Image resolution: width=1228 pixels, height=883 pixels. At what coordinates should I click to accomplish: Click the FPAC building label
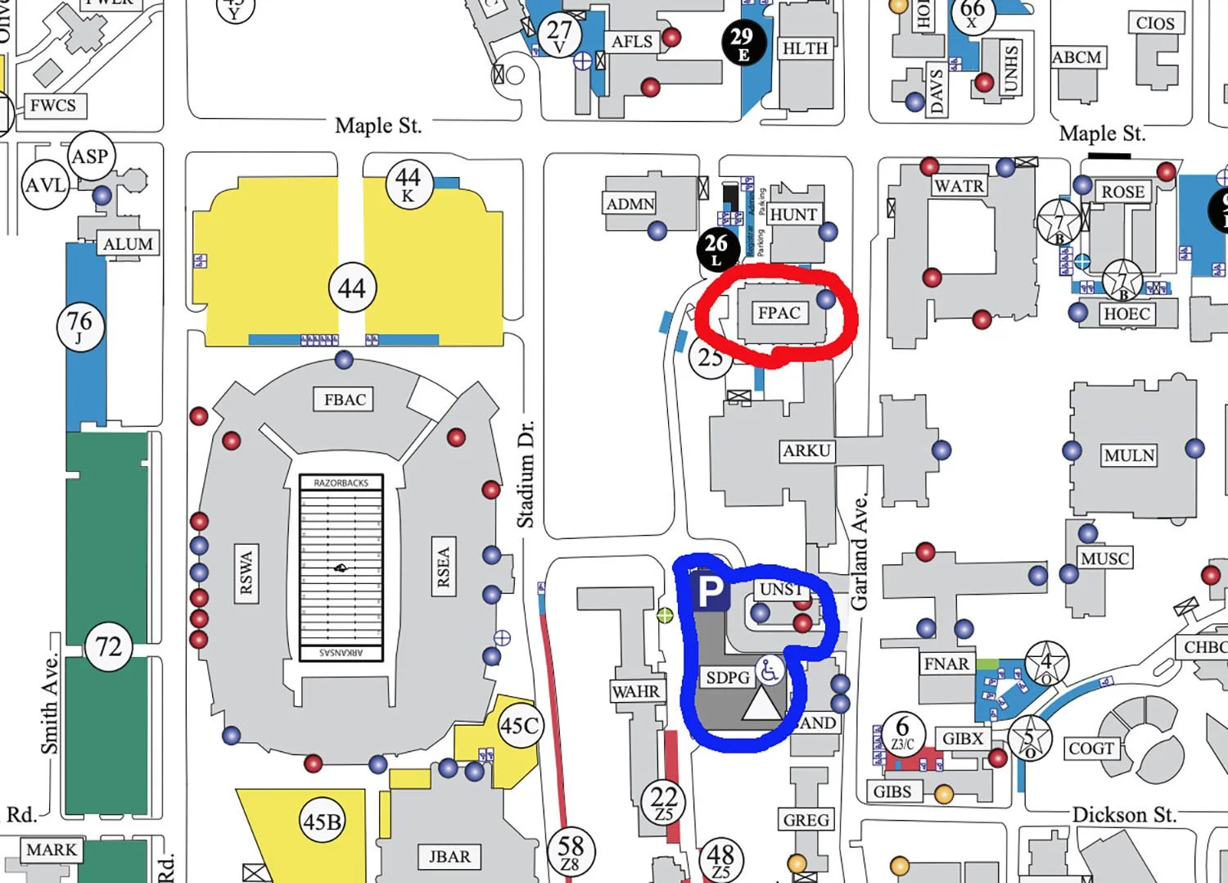(x=779, y=313)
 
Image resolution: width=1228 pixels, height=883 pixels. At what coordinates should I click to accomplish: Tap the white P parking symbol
(x=710, y=591)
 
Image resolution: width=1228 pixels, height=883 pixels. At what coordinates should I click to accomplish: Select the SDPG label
(x=728, y=677)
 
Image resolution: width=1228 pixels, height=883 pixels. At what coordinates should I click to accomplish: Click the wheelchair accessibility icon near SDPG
(x=769, y=671)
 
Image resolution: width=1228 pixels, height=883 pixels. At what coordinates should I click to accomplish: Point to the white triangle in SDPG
(x=762, y=704)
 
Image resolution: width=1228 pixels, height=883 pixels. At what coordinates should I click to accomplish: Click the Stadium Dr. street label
(x=526, y=474)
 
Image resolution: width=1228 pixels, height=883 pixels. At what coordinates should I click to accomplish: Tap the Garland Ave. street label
(x=859, y=552)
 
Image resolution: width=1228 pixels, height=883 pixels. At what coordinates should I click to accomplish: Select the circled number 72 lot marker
(x=109, y=647)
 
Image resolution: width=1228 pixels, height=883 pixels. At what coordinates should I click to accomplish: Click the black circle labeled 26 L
(x=716, y=247)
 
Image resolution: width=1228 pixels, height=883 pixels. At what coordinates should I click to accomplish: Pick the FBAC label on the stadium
(x=345, y=400)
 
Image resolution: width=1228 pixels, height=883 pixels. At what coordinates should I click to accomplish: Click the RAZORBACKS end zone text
(x=341, y=482)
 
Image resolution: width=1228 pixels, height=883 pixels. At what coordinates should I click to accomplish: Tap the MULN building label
(x=1129, y=455)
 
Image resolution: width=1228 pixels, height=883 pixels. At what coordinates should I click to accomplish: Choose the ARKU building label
(x=806, y=451)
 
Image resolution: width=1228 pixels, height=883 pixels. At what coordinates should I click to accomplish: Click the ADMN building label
(x=630, y=204)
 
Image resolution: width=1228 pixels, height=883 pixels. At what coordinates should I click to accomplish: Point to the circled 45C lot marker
(x=520, y=726)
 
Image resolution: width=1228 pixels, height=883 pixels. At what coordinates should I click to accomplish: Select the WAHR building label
(x=635, y=691)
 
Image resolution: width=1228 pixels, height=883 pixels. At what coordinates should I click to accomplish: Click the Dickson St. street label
(x=1124, y=814)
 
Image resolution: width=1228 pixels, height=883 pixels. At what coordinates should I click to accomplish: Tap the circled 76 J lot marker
(x=80, y=325)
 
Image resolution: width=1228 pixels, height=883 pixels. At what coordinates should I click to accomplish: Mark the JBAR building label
(x=449, y=857)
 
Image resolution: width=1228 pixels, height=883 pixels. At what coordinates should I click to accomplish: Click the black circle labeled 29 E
(x=743, y=42)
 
